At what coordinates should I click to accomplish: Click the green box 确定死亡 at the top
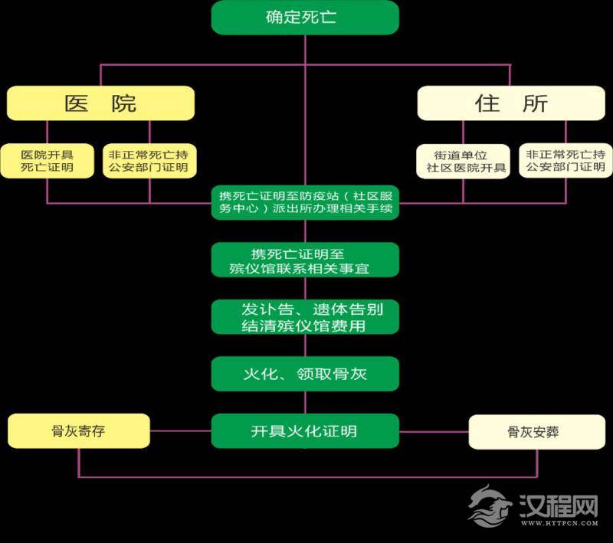pyautogui.click(x=305, y=17)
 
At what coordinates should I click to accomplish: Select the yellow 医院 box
pyautogui.click(x=100, y=103)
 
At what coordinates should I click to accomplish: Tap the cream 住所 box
pyautogui.click(x=511, y=103)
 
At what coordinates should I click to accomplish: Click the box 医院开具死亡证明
pyautogui.click(x=48, y=161)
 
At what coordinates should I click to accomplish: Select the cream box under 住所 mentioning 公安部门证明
pyautogui.click(x=565, y=161)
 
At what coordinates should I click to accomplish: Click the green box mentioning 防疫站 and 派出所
pyautogui.click(x=305, y=204)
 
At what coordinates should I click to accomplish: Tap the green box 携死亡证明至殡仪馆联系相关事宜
pyautogui.click(x=305, y=260)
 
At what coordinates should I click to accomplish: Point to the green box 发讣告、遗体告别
pyautogui.click(x=305, y=316)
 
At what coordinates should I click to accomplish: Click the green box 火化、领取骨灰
pyautogui.click(x=305, y=374)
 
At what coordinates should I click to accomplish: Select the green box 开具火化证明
pyautogui.click(x=305, y=431)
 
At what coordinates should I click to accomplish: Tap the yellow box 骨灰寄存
pyautogui.click(x=78, y=431)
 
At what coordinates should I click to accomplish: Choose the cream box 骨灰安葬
pyautogui.click(x=533, y=432)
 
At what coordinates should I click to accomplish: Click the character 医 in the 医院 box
pyautogui.click(x=74, y=103)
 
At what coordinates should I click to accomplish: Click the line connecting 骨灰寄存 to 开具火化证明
pyautogui.click(x=180, y=431)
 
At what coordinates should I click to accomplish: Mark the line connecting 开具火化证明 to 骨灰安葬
pyautogui.click(x=434, y=431)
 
